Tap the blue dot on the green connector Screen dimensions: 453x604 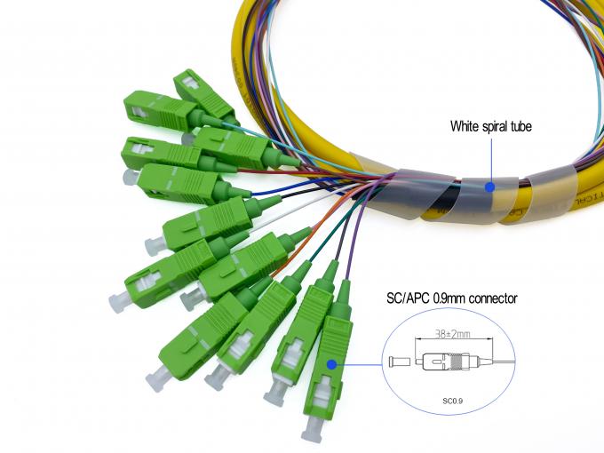pyautogui.click(x=332, y=363)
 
